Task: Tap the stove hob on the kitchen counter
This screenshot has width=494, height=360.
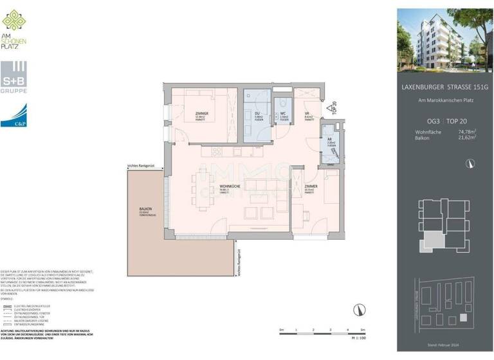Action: coord(216,152)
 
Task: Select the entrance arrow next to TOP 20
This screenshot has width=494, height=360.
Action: coord(329,109)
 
